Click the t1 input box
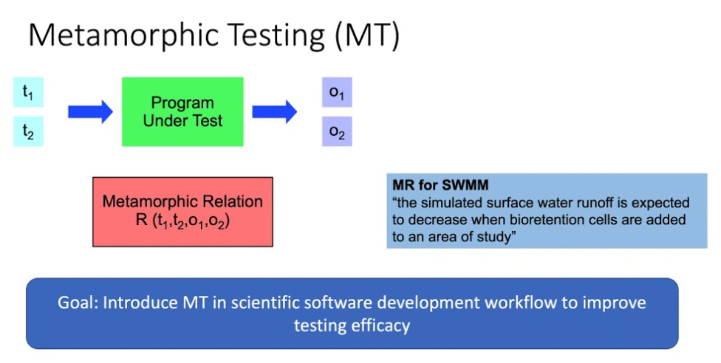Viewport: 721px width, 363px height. tap(28, 93)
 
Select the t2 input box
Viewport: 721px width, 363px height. tap(28, 132)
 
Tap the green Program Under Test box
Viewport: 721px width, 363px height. tap(182, 111)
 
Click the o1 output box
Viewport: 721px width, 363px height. tap(337, 93)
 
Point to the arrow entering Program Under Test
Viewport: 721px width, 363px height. tap(90, 112)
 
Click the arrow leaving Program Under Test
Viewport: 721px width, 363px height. tap(274, 112)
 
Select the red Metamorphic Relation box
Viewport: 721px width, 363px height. tap(182, 211)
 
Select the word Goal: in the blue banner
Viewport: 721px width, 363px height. tap(78, 303)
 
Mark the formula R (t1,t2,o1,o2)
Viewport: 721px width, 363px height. tap(182, 220)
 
